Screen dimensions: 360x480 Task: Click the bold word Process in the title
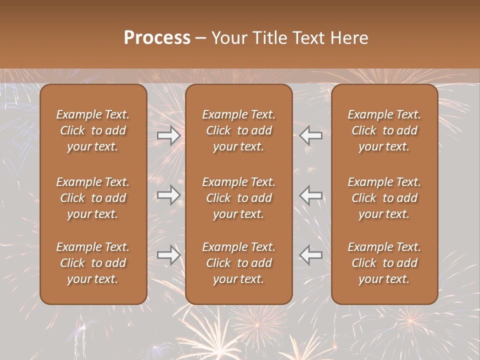point(157,38)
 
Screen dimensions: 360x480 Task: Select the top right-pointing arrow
point(169,135)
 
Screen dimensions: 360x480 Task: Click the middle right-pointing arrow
point(169,195)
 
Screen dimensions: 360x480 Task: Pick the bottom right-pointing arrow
point(169,255)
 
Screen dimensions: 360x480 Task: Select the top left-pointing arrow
point(311,135)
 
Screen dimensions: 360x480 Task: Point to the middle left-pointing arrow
point(311,195)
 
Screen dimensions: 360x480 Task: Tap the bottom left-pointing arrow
point(311,255)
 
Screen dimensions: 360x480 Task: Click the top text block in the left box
point(93,130)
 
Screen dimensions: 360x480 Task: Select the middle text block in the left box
point(93,198)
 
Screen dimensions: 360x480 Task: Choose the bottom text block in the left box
point(93,263)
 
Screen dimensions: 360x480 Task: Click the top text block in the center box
point(239,130)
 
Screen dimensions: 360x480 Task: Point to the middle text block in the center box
point(239,198)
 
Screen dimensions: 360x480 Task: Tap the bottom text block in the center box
point(239,263)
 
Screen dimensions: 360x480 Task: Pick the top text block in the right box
point(384,130)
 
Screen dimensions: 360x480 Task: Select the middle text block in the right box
point(384,198)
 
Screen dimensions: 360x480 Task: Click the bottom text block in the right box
point(384,263)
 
